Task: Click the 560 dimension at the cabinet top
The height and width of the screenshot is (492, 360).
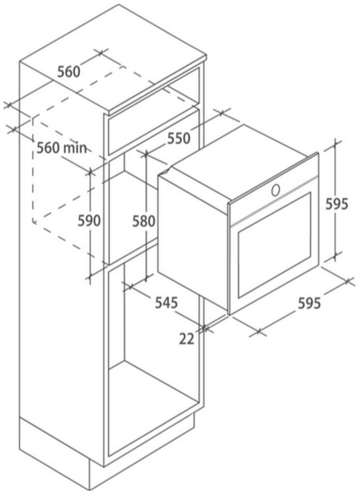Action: coord(68,72)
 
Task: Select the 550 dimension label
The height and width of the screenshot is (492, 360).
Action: coord(179,138)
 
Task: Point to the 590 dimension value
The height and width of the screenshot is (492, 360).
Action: coord(89,221)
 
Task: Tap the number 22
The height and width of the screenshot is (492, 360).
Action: coord(187,339)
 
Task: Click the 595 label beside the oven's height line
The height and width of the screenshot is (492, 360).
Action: coord(336,205)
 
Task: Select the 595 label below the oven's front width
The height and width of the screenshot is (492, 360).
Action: coord(309,303)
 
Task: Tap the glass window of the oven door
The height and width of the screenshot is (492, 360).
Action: coord(274,245)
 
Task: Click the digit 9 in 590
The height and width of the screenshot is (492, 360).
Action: coord(89,221)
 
